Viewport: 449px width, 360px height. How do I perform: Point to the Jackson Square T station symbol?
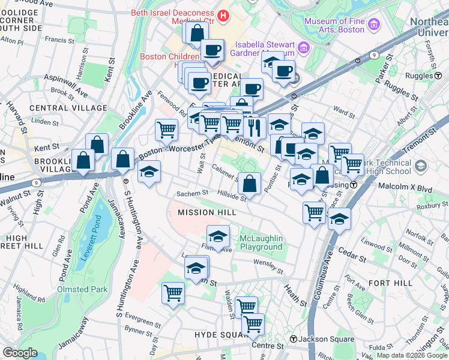293,339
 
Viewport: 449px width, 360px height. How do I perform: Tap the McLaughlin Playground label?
261,243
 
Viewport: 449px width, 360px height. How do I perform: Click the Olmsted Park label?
82,289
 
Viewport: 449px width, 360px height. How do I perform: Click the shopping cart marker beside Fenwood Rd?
166,128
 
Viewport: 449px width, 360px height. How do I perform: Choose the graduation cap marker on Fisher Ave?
218,235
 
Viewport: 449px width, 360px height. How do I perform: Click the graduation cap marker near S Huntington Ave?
148,172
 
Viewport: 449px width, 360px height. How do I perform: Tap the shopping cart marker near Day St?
173,292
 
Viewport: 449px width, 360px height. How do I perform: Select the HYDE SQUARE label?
217,334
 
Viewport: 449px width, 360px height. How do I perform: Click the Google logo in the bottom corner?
20,353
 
